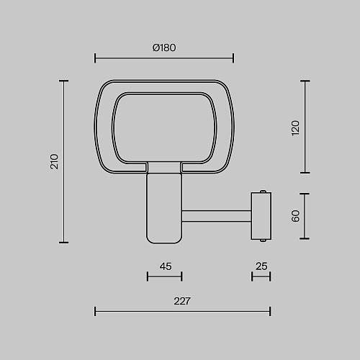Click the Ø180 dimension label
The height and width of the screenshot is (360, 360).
(x=164, y=48)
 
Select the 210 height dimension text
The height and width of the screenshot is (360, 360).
(x=55, y=162)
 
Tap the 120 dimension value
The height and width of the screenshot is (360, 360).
(x=295, y=128)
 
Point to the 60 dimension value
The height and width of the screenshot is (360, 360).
(x=295, y=216)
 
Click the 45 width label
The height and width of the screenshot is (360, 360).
(x=166, y=266)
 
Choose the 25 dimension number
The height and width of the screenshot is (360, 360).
(x=261, y=266)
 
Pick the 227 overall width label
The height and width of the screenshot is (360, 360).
(x=182, y=301)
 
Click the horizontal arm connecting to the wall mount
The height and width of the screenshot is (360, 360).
(x=217, y=216)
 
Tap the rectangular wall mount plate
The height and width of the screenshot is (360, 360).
(x=261, y=216)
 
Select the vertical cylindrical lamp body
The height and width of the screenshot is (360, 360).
(x=164, y=208)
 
